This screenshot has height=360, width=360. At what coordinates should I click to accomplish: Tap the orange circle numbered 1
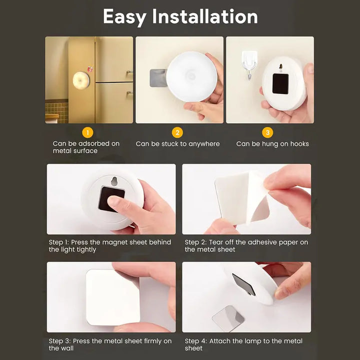click(x=87, y=132)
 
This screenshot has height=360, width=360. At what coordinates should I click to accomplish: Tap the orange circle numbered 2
click(x=177, y=132)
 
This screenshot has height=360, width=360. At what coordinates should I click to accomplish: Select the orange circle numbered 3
click(x=268, y=132)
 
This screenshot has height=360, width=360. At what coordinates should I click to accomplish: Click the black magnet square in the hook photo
click(x=280, y=83)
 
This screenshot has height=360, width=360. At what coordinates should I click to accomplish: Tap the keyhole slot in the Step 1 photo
click(x=114, y=180)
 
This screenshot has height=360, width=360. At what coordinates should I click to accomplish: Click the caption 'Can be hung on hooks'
click(x=272, y=144)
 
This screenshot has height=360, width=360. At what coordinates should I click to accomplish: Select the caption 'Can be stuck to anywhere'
click(x=177, y=144)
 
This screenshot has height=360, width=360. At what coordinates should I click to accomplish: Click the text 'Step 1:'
click(x=59, y=242)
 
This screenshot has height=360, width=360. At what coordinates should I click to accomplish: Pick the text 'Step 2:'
click(x=195, y=242)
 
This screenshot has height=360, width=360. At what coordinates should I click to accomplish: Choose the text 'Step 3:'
click(x=59, y=341)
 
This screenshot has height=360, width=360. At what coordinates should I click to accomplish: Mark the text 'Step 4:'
click(x=195, y=341)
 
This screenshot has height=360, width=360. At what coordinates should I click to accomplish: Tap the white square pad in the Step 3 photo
click(x=112, y=298)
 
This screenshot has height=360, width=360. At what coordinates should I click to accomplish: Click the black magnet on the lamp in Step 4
click(x=243, y=284)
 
